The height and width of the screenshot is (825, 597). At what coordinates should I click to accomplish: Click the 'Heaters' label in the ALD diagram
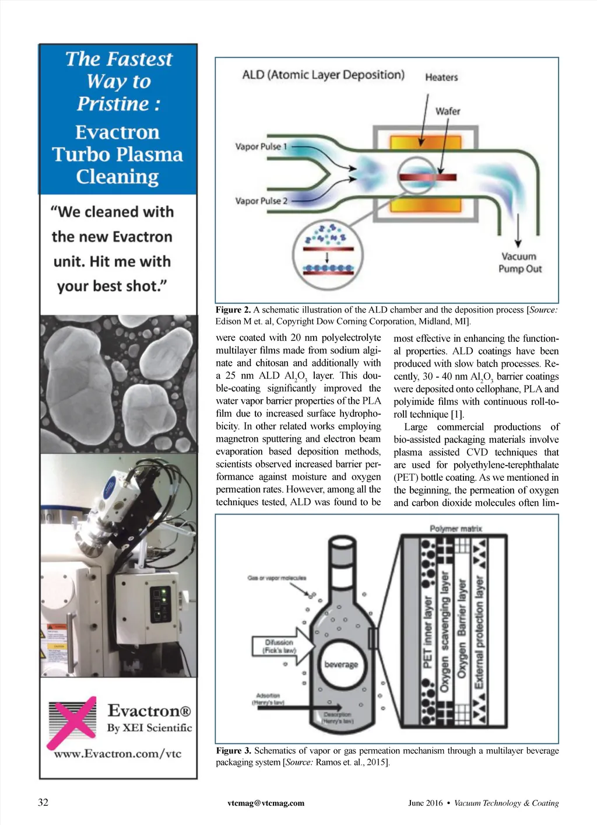tap(441, 77)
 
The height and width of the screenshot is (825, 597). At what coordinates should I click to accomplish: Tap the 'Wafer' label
tap(448, 111)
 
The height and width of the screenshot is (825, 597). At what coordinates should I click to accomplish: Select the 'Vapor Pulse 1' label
tap(261, 146)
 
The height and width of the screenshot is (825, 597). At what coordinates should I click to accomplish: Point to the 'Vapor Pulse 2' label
tap(261, 201)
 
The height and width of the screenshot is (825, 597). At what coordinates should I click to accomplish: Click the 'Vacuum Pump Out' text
tap(519, 263)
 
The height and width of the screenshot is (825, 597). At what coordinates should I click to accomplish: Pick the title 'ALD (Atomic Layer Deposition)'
tap(323, 75)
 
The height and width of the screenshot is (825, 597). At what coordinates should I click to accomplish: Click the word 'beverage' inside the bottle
tap(341, 664)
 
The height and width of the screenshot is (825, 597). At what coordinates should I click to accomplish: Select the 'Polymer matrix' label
tap(456, 529)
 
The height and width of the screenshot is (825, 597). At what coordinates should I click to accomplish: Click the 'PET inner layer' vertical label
tap(427, 632)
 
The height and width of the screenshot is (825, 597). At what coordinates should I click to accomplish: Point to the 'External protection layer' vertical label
tap(479, 632)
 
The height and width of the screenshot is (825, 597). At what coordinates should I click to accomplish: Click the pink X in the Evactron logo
tap(72, 722)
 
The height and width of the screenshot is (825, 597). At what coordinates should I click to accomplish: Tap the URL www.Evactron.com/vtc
tap(118, 753)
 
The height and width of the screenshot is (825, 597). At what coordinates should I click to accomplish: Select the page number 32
tap(43, 802)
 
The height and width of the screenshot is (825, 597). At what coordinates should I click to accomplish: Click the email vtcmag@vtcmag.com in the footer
tap(266, 803)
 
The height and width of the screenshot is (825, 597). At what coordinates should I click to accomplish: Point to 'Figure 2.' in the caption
tap(233, 310)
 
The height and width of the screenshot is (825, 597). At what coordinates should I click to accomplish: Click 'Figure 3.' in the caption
tap(233, 750)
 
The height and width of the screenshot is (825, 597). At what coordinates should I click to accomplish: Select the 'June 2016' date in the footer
tap(426, 803)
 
